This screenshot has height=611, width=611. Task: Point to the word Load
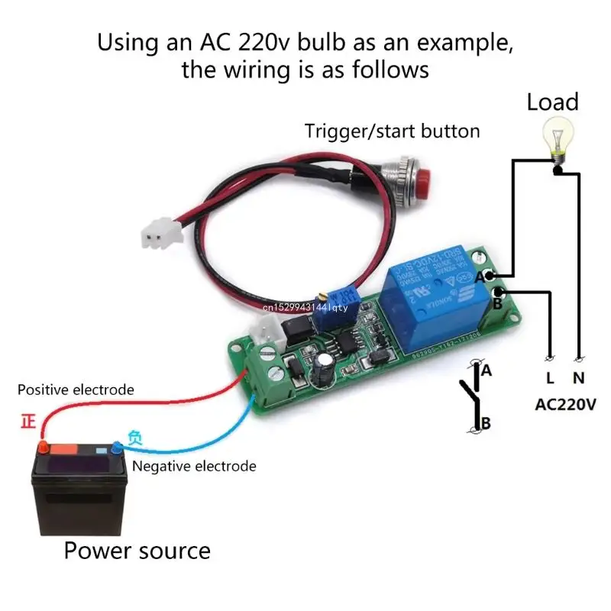tap(552, 102)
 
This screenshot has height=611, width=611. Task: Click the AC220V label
tap(564, 404)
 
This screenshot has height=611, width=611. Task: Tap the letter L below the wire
tap(549, 377)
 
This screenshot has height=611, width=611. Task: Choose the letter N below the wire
tap(580, 377)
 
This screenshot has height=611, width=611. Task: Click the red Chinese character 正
tap(29, 422)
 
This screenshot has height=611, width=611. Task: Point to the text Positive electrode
tap(76, 390)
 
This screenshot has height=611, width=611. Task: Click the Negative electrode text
tap(194, 466)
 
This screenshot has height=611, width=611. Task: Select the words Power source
tap(137, 550)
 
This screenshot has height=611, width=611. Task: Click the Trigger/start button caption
tap(393, 131)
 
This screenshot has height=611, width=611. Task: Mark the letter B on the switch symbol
tap(484, 422)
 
